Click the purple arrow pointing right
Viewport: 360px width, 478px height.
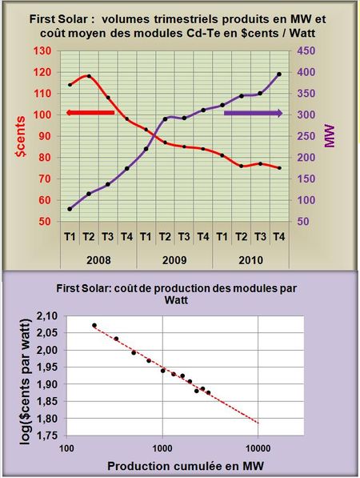(x=253, y=114)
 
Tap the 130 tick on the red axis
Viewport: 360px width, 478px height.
(x=43, y=50)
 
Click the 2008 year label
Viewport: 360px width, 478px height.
(x=98, y=261)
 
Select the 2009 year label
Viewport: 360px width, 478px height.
(x=175, y=261)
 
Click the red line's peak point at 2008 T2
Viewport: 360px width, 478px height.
(x=89, y=76)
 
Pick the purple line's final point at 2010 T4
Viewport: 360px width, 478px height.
(x=279, y=74)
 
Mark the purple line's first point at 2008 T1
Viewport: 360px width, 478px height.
(x=70, y=208)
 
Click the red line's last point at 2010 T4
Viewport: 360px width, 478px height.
(x=279, y=168)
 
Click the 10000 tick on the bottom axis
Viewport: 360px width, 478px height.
(x=258, y=448)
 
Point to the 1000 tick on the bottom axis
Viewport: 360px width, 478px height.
(x=162, y=448)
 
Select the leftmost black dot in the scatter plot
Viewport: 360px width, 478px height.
(x=94, y=326)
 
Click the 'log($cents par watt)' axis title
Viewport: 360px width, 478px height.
(x=22, y=376)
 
